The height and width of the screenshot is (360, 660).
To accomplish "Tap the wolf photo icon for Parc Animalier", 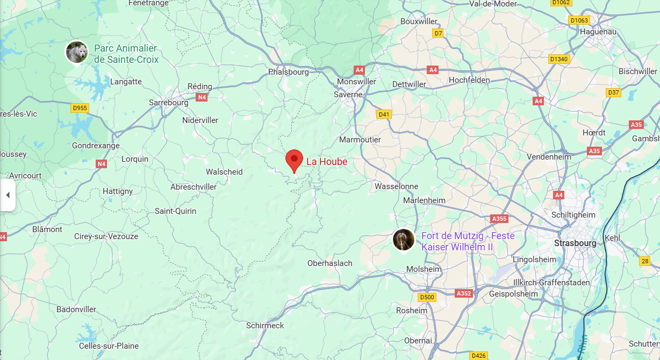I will (77, 52).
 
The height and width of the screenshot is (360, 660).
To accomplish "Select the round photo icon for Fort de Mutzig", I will (403, 240).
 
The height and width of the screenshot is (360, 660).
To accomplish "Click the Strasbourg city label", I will (575, 243).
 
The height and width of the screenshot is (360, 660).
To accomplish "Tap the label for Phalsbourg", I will (289, 71).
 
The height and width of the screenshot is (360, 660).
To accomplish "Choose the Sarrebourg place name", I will (169, 102).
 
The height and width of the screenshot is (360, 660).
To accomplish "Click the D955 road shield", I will (80, 108).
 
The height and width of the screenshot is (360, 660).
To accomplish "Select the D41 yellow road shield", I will (384, 114).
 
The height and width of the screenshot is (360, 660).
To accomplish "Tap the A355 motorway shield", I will (499, 219).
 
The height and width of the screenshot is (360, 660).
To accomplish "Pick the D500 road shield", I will (427, 297).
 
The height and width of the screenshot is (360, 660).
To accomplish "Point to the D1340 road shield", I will (559, 59).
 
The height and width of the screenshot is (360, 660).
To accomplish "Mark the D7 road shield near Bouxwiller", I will (438, 33).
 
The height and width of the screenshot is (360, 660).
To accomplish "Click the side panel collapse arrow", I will (8, 195).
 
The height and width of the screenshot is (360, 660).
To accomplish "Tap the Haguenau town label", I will (598, 32).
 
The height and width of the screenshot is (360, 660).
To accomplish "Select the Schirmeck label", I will (265, 326).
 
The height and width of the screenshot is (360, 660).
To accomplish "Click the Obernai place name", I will (418, 341).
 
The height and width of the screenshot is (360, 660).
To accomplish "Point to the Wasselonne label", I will (396, 186).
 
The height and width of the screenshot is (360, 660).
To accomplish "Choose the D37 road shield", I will (613, 92).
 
